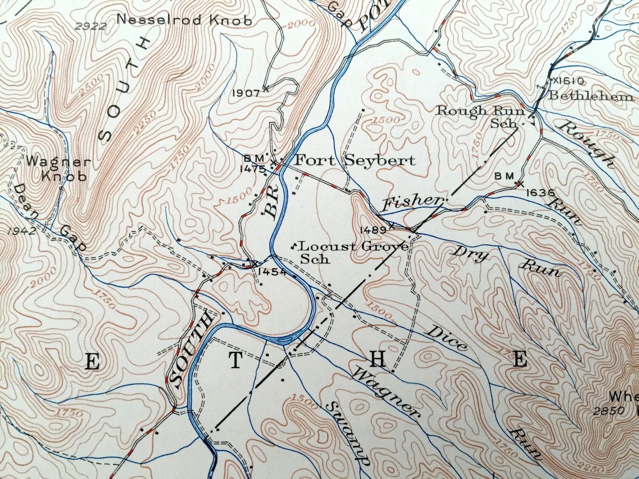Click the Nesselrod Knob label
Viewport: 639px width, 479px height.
(184, 20)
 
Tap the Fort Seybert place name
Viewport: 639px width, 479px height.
(355, 161)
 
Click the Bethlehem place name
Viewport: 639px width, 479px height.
(591, 96)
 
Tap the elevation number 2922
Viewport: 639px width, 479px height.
(91, 27)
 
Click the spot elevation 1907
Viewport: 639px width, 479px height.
(246, 93)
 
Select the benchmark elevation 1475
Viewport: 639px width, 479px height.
(253, 169)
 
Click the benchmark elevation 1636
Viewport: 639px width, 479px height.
(540, 193)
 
